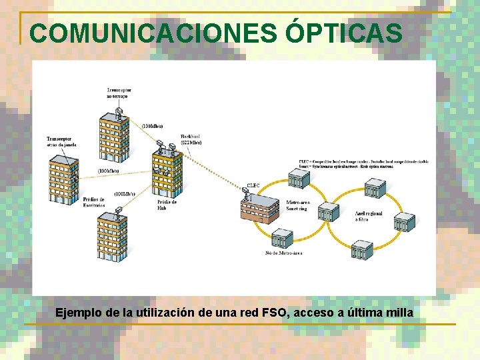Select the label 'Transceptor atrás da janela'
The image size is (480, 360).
(x=61, y=141)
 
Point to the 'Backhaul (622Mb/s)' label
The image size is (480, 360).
(x=191, y=139)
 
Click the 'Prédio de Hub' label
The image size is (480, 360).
(x=167, y=205)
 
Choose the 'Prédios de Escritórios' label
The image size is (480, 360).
(x=94, y=202)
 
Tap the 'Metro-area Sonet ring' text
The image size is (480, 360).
(x=297, y=205)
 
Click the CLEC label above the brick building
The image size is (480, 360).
(x=253, y=185)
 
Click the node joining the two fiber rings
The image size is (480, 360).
(x=328, y=212)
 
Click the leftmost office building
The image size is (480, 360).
(x=63, y=177)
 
